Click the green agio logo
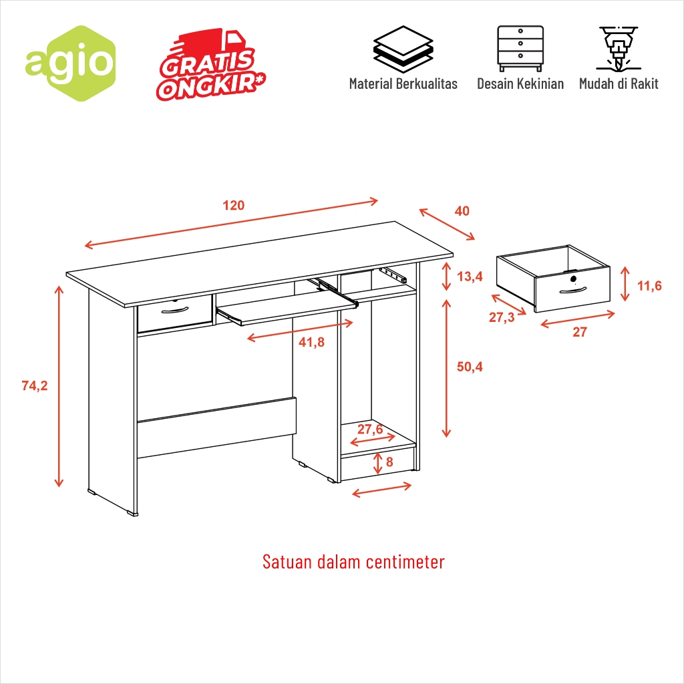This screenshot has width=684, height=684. [69, 63]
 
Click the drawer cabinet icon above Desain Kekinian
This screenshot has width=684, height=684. [520, 48]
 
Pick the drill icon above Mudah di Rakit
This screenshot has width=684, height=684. [619, 49]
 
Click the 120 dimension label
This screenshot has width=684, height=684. [234, 205]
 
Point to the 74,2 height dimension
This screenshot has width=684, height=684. [35, 385]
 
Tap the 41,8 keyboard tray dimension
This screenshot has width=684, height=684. [311, 343]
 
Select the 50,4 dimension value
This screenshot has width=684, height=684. [470, 366]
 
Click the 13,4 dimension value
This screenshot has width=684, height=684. [470, 277]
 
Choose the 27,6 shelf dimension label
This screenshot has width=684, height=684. [370, 429]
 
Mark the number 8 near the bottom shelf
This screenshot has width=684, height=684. [390, 462]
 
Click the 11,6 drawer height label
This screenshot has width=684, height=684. [649, 286]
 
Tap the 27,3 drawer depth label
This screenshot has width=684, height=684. [502, 317]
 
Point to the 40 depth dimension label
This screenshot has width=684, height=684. [462, 211]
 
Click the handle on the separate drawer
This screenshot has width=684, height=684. [573, 290]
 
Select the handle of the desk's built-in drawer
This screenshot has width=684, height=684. [175, 309]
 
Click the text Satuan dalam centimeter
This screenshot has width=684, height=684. [353, 561]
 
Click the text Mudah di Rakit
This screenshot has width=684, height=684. [619, 83]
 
